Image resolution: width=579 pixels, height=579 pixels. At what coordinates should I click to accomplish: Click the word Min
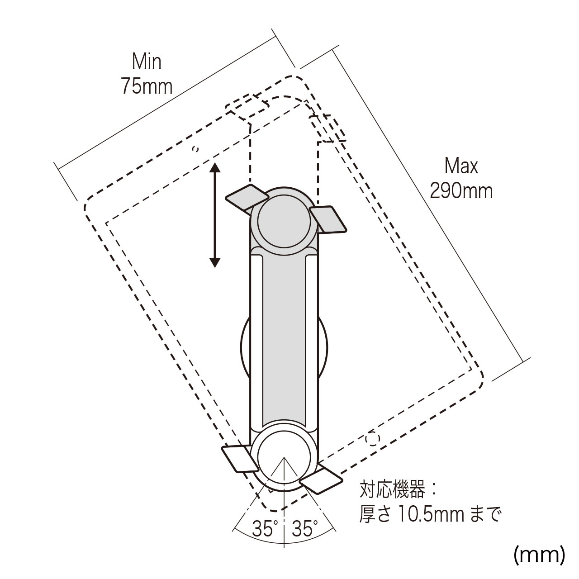(147, 62)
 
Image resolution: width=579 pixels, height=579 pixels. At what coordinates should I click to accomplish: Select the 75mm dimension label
(147, 86)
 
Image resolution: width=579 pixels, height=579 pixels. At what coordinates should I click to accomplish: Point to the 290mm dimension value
(461, 190)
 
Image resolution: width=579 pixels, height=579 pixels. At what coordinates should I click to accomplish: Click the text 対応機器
(393, 489)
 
